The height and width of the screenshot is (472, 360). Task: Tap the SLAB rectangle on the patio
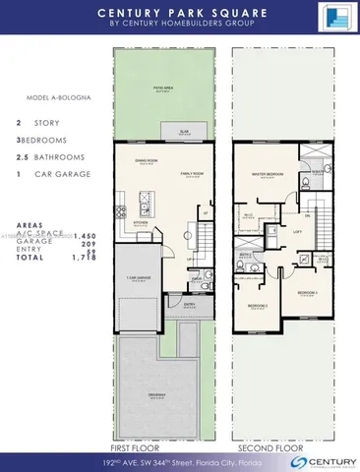[x=184, y=131]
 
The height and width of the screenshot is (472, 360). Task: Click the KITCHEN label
[x=140, y=224]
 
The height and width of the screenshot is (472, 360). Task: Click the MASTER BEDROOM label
[x=269, y=174]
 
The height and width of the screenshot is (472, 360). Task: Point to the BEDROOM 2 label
[x=259, y=305]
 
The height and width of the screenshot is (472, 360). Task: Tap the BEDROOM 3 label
[x=307, y=293]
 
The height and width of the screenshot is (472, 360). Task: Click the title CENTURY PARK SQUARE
[x=179, y=13]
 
